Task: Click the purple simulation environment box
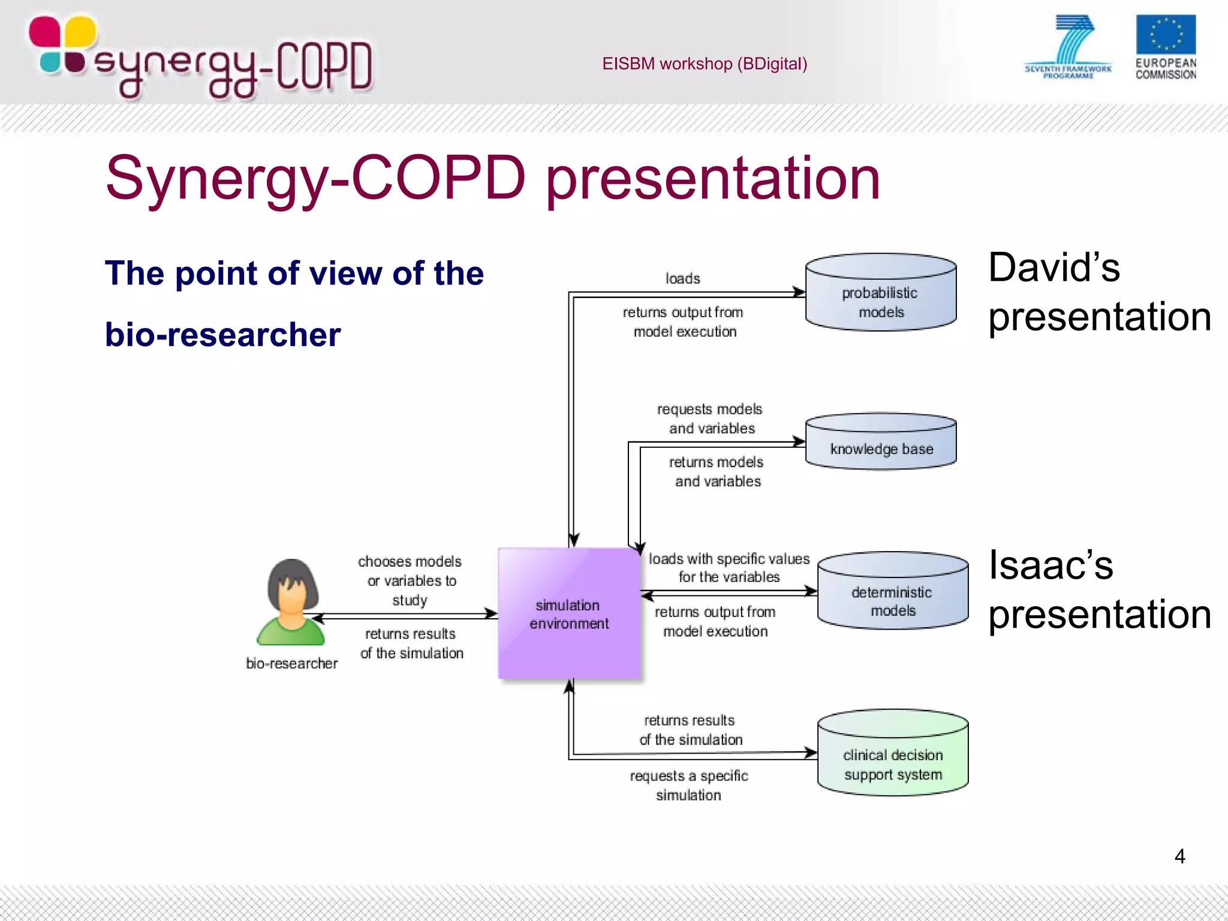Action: pos(569,613)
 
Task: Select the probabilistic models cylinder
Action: pos(880,293)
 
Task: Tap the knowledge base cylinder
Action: pos(880,443)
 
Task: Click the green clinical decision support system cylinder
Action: pos(892,754)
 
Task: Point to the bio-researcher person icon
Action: pos(291,602)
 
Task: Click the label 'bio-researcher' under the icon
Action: pos(291,664)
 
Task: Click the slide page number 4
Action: pos(1179,856)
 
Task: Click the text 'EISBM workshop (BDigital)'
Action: pos(704,64)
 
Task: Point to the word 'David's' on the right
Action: pos(1054,267)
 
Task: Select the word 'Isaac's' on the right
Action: pos(1051,565)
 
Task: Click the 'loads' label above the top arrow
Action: pos(682,279)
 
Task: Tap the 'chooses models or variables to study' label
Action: pos(410,580)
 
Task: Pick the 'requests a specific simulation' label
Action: pos(688,785)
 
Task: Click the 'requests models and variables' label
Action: pos(710,419)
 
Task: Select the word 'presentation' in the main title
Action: pos(712,179)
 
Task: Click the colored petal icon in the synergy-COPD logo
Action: pos(62,46)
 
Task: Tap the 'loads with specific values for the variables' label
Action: pos(729,568)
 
